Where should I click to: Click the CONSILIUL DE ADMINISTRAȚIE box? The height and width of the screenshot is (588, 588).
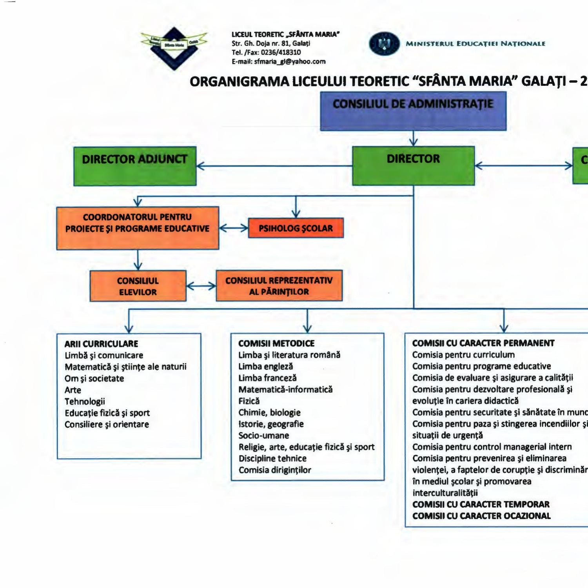click(413, 111)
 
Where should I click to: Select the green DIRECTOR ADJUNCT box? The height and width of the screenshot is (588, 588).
click(135, 166)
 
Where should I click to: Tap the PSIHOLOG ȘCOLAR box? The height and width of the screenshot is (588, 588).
click(296, 228)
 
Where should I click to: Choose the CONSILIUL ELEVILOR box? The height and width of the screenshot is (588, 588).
click(138, 286)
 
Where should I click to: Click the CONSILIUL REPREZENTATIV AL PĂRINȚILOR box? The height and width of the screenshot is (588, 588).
click(279, 286)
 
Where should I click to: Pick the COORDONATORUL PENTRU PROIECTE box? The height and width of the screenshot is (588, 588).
click(138, 228)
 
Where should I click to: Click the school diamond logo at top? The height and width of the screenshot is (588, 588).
click(174, 48)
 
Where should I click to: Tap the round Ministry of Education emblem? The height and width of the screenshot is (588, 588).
click(384, 44)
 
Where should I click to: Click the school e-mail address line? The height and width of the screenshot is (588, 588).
click(278, 62)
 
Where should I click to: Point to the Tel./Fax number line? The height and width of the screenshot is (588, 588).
click(266, 53)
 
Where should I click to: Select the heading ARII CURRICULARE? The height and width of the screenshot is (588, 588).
click(102, 344)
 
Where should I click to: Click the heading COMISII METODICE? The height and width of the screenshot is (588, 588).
click(276, 343)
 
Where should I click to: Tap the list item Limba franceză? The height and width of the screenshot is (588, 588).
click(267, 378)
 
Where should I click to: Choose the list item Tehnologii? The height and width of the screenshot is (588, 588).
click(85, 401)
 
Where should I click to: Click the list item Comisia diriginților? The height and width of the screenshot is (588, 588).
click(275, 470)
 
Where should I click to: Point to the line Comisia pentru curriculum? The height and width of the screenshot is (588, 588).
click(463, 355)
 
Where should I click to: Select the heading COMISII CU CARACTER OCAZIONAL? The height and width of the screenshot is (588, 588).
click(481, 516)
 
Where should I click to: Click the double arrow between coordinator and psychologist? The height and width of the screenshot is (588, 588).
click(234, 228)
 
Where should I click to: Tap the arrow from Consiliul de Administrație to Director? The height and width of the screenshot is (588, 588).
click(413, 138)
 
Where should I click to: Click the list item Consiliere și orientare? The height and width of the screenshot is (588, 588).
click(107, 425)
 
